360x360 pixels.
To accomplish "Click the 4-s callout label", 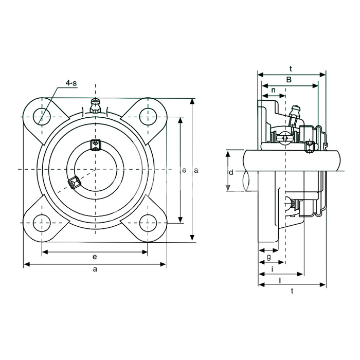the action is click(x=71, y=83).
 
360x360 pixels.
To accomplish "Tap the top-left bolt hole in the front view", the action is click(x=42, y=116).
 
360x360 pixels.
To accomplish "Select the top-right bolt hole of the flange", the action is click(x=148, y=117).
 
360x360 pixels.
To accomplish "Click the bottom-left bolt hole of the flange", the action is click(x=42, y=223).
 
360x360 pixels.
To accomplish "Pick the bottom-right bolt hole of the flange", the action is click(x=148, y=223).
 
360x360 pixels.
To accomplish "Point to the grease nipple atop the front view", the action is click(x=96, y=106).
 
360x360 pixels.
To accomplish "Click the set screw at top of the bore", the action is click(x=96, y=145).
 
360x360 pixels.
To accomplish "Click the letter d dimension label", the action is click(x=231, y=172).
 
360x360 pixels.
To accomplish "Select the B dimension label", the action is click(x=289, y=80).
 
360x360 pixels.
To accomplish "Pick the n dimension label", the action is click(x=273, y=90).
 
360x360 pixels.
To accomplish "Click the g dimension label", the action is click(x=268, y=257).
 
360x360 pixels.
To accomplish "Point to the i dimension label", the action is click(x=272, y=268).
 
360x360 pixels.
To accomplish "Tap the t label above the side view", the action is click(x=291, y=68).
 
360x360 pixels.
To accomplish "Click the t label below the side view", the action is click(x=292, y=291).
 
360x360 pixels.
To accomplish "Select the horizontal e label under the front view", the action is click(x=95, y=257).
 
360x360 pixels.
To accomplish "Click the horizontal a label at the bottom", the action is click(x=95, y=269).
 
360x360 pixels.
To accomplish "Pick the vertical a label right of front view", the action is click(x=196, y=170).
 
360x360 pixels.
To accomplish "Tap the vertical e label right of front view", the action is click(x=184, y=170).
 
